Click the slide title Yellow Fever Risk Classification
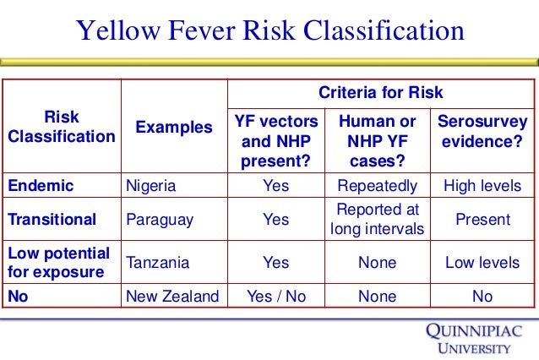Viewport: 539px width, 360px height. [269, 31]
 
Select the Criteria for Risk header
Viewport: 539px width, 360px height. [379, 92]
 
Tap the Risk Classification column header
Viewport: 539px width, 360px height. [61, 127]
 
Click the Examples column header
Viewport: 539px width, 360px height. [174, 128]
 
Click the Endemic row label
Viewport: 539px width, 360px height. [41, 186]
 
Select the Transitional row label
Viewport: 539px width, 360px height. [52, 220]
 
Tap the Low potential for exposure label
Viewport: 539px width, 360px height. [58, 263]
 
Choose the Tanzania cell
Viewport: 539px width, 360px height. [158, 263]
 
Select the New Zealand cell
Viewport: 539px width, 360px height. [171, 296]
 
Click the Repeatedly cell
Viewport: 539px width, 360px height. [377, 186]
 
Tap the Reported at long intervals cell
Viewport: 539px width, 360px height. [377, 219]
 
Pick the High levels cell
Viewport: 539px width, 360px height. [482, 186]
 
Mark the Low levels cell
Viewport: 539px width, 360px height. [482, 263]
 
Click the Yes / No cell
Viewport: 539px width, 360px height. [275, 296]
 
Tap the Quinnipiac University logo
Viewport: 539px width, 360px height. [473, 338]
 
